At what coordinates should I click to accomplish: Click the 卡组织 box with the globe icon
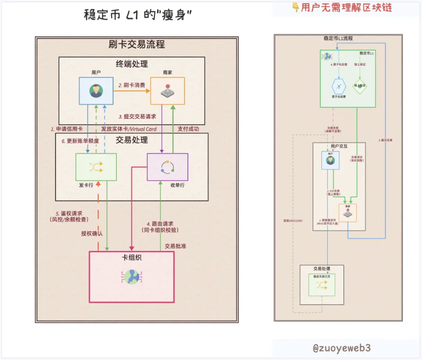pos(132,277)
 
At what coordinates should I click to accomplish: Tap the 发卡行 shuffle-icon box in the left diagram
pos(96,167)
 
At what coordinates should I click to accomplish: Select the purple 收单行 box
pos(167,167)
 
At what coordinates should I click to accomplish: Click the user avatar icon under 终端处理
pos(96,91)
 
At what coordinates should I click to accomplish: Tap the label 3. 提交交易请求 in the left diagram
pos(137,117)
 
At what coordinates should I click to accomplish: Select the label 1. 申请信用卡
pos(67,129)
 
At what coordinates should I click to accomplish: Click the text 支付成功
pos(188,129)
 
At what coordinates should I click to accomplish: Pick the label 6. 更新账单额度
pos(80,141)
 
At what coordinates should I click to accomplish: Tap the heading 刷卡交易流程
pos(136,44)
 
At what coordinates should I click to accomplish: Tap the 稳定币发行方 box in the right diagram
pos(322,285)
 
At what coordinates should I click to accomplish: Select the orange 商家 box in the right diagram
pos(347,213)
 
